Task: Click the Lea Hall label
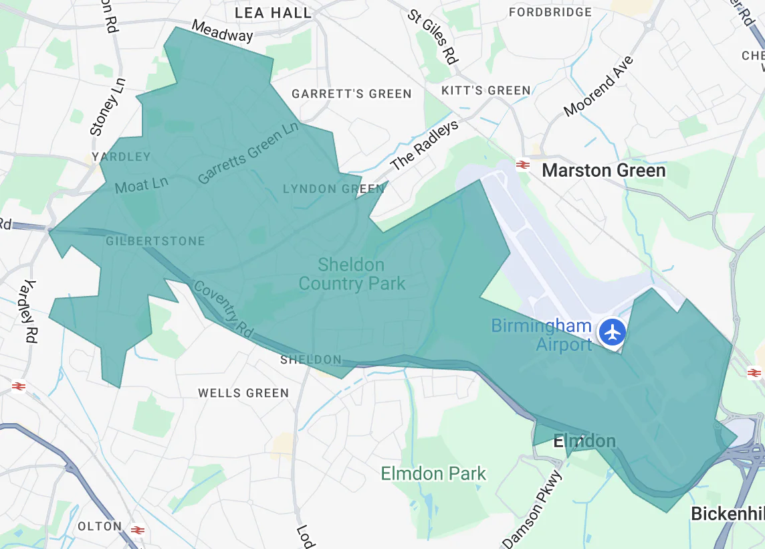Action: click(x=273, y=13)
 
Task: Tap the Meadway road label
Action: click(x=222, y=31)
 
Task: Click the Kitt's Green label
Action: click(x=486, y=90)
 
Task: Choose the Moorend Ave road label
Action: click(x=598, y=86)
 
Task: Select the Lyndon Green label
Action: click(x=334, y=189)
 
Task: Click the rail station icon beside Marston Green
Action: click(x=523, y=165)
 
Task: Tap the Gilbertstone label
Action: click(x=155, y=241)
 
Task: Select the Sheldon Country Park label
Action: click(x=352, y=274)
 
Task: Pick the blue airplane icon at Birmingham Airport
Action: click(x=612, y=332)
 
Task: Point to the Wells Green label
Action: click(x=243, y=393)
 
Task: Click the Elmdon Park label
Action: click(x=433, y=474)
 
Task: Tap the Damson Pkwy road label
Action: click(x=532, y=509)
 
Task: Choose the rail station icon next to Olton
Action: click(x=138, y=530)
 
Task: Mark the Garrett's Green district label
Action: click(x=351, y=94)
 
